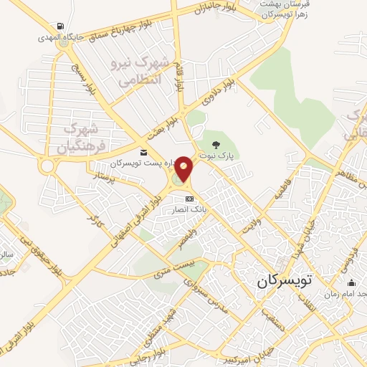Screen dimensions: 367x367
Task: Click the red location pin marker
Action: pyautogui.click(x=184, y=169)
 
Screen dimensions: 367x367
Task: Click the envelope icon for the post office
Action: pyautogui.click(x=144, y=153)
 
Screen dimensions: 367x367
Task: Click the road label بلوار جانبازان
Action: pyautogui.click(x=215, y=9)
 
